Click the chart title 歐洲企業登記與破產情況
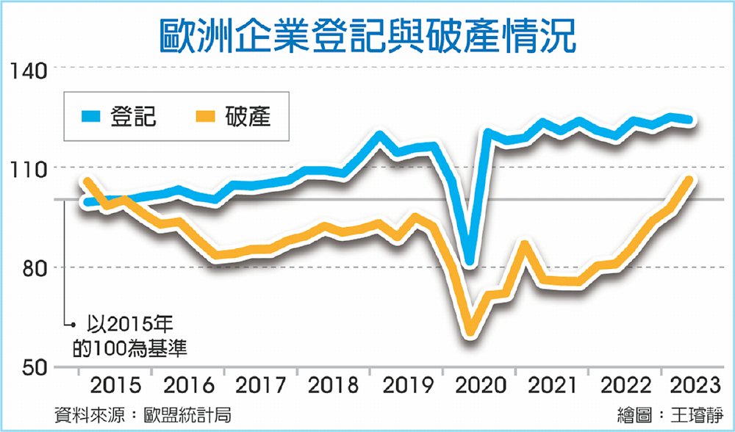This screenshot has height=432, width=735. tap(367, 31)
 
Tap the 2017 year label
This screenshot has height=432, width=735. tap(259, 385)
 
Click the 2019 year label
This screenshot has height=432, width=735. tap(406, 385)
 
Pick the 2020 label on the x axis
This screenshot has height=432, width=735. tap(479, 385)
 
